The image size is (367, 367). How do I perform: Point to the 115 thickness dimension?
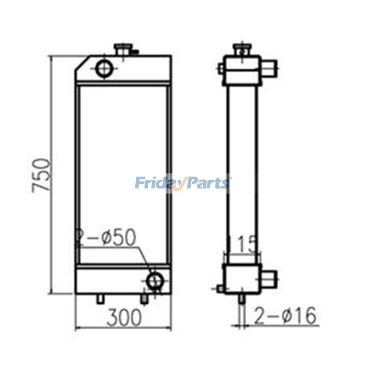[242, 245]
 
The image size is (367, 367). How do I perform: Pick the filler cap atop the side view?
[241, 49]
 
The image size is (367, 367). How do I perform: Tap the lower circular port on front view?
[155, 279]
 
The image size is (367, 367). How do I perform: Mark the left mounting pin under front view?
[100, 299]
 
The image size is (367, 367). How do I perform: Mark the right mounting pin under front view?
[144, 299]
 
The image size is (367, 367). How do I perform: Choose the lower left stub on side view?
[220, 289]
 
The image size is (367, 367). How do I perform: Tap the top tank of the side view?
[242, 70]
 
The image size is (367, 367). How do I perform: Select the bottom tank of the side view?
[241, 279]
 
